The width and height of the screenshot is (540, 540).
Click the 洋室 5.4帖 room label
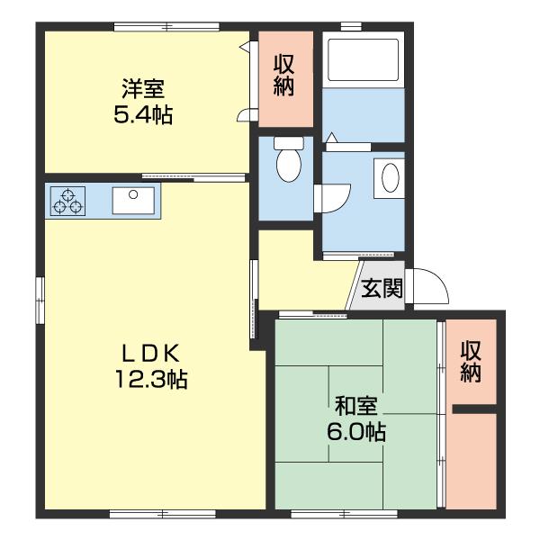coord(143,102)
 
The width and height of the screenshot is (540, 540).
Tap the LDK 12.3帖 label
coord(151,366)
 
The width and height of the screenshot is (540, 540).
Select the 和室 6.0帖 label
coord(356,418)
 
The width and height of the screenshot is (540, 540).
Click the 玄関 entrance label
coord(382,288)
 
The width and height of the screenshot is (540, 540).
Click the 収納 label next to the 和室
coord(471,362)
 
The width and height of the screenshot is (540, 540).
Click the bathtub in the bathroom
coord(364,59)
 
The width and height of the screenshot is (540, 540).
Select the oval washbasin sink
coord(391,177)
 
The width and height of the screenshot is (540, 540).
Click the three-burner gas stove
coord(67,202)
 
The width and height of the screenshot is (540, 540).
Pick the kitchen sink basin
coord(133,201)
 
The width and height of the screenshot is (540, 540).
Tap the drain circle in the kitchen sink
coord(133,194)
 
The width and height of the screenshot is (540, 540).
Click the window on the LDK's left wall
coord(40,300)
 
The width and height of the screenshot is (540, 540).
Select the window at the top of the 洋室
coord(166,26)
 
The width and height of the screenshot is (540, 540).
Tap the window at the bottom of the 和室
coord(344,515)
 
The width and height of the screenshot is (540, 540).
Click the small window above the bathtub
coord(351,26)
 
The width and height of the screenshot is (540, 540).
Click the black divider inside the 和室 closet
coord(474,409)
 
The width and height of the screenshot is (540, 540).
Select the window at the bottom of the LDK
coord(163,515)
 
